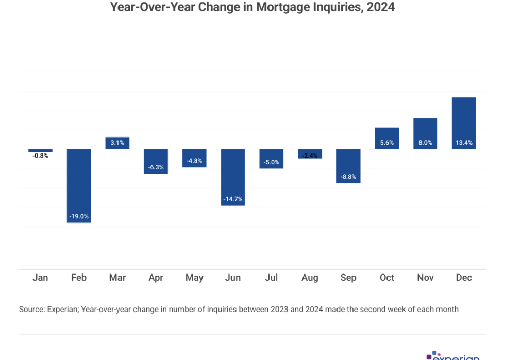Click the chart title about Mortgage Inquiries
[252, 8]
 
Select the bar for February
[79, 185]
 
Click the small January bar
[40, 150]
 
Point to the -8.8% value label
[348, 176]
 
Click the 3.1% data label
[117, 143]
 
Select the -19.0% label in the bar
[79, 216]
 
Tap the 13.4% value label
[464, 143]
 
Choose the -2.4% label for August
[310, 156]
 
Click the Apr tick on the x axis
[156, 278]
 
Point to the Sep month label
[348, 278]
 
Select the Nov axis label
[425, 278]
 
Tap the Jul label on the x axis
[271, 278]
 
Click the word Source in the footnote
[32, 310]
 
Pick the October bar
[387, 138]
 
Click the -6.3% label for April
[156, 167]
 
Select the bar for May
[194, 158]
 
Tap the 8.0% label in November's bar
[425, 143]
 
